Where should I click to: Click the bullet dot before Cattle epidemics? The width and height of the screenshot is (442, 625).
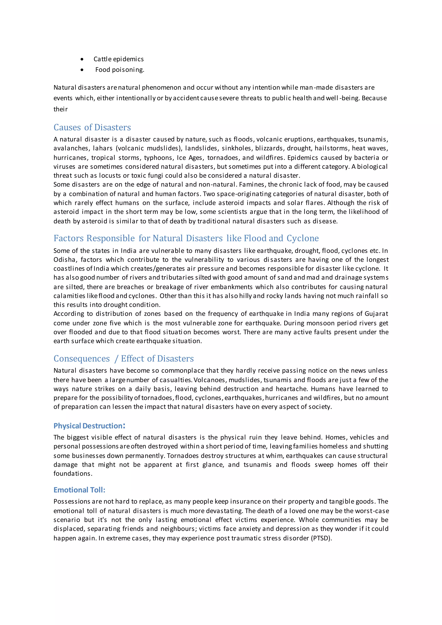click(82, 59)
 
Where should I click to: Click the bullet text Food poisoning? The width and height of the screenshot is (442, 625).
click(120, 70)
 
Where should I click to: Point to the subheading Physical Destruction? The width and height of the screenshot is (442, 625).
click(89, 426)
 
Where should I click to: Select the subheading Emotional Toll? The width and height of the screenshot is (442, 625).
click(79, 490)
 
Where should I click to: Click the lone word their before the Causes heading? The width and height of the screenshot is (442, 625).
click(60, 109)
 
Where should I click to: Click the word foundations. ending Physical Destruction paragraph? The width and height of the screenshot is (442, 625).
click(73, 474)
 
